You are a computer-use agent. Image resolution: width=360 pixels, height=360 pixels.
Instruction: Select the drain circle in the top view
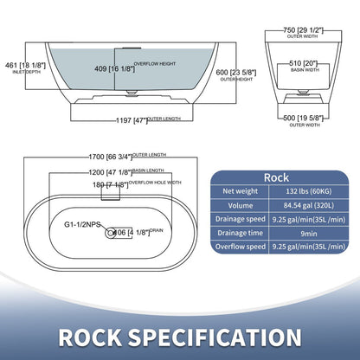click(x=109, y=233)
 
